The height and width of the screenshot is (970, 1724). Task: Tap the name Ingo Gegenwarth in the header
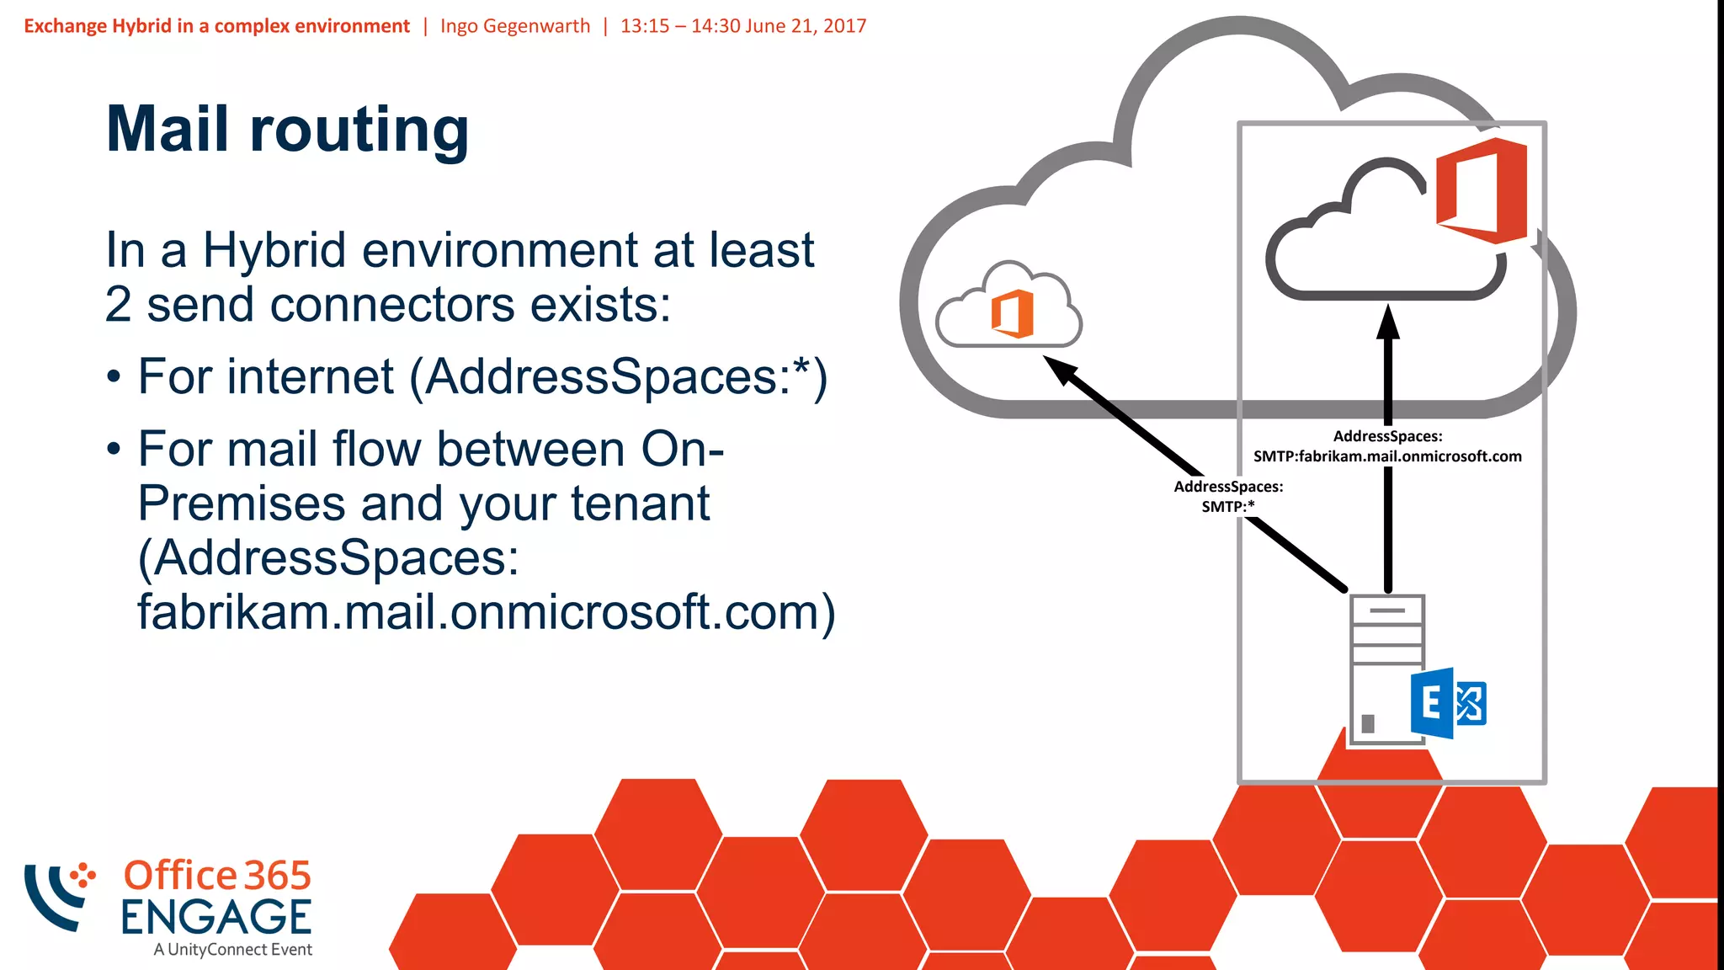tap(515, 26)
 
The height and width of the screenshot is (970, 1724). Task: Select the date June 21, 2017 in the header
tap(806, 26)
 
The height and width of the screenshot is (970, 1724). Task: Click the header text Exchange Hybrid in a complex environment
tap(216, 26)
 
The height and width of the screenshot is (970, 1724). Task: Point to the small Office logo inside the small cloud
tap(1012, 313)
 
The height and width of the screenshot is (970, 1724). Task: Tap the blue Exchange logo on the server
tap(1447, 703)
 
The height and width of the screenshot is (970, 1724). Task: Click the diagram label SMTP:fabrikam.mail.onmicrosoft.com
tap(1387, 456)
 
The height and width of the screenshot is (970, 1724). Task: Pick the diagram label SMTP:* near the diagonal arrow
tap(1228, 506)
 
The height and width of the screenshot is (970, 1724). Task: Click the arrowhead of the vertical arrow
tap(1388, 322)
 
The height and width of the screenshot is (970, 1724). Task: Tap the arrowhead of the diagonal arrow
tap(1060, 369)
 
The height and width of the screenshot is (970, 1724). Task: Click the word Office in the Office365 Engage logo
tap(180, 876)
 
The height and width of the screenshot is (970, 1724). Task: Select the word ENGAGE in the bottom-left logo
tap(216, 917)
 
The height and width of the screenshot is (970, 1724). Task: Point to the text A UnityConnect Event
tap(232, 950)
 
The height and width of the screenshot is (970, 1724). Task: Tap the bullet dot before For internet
tap(114, 377)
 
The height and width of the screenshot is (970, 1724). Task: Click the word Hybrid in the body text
tap(274, 250)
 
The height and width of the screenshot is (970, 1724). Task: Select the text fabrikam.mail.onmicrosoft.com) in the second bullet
tap(487, 612)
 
